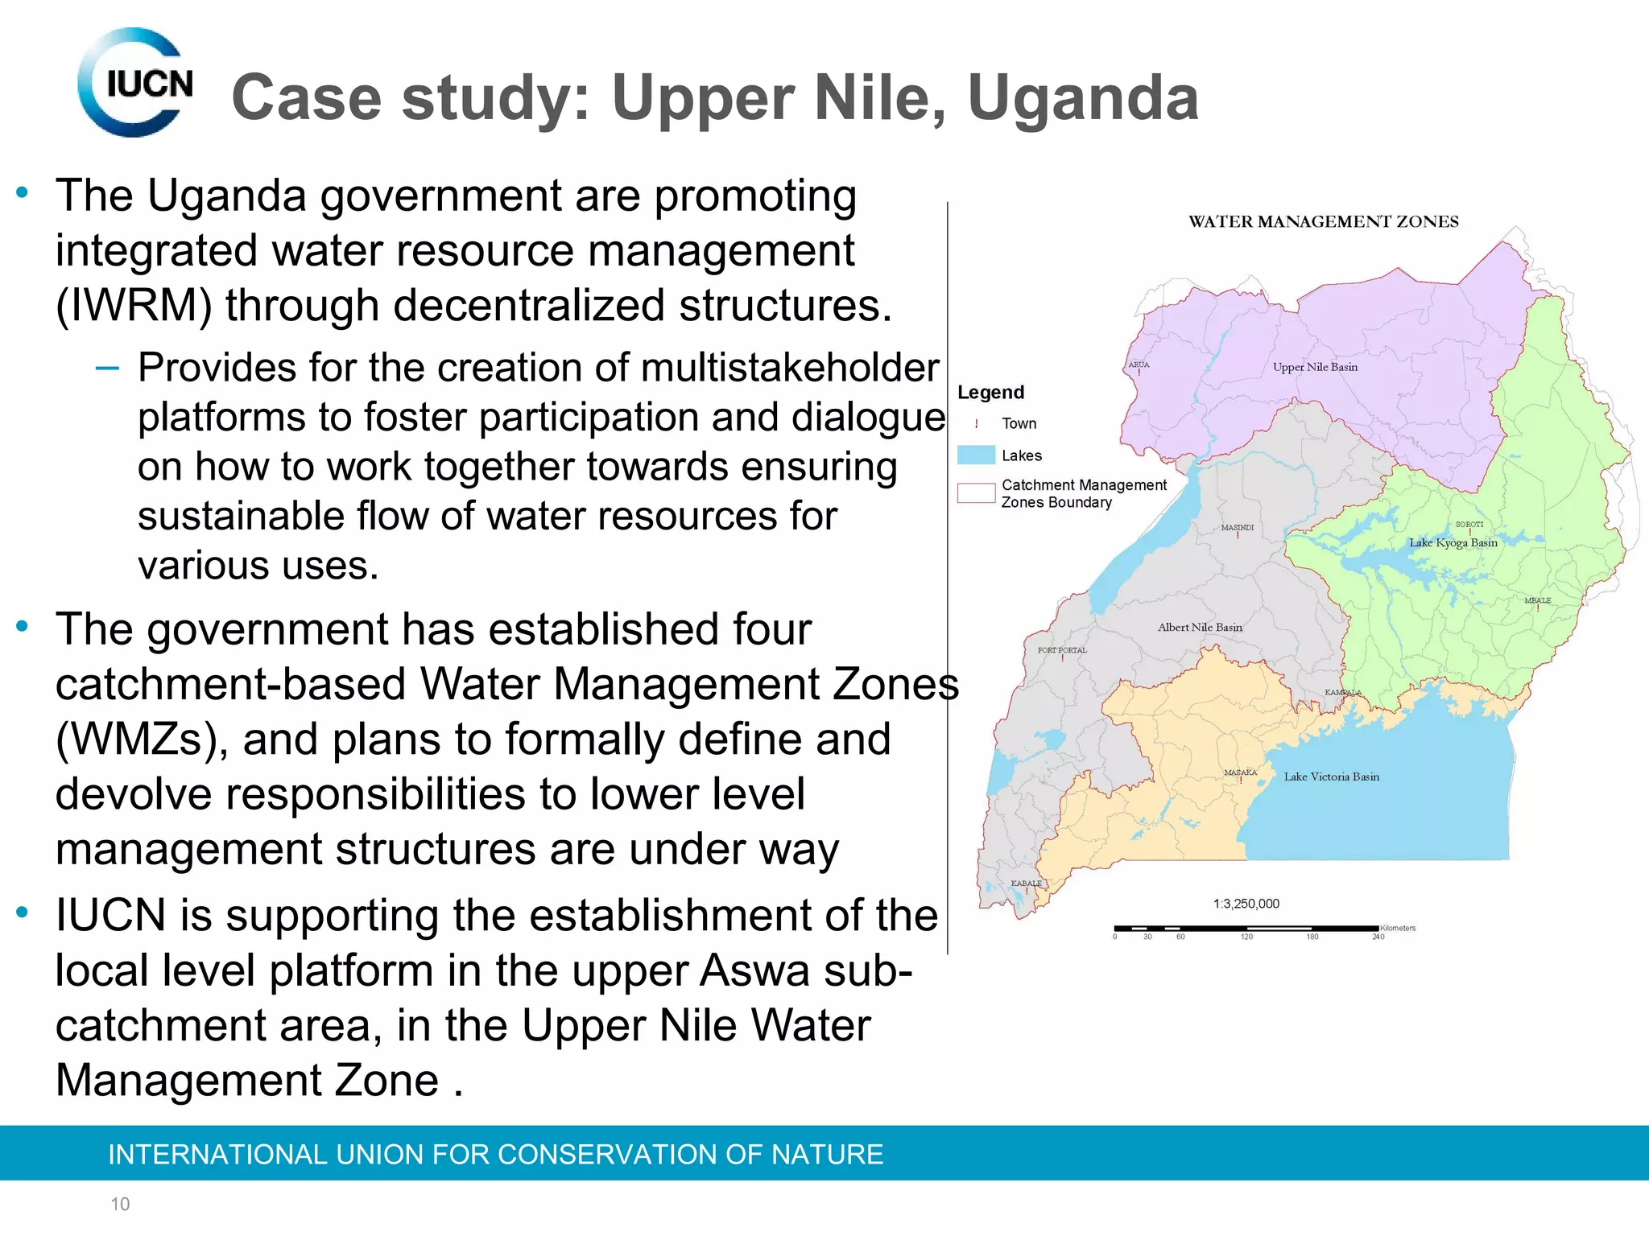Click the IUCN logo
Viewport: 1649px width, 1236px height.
(135, 83)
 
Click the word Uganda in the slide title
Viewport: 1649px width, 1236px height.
(1083, 98)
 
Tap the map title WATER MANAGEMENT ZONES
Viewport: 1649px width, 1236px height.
(1323, 222)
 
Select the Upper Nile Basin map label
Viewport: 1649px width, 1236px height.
(1315, 367)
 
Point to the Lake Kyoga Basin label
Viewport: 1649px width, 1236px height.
(1453, 542)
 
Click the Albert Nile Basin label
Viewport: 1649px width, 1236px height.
(1200, 627)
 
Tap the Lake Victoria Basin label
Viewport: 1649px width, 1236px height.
(1331, 777)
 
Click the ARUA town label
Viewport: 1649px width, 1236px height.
(1139, 365)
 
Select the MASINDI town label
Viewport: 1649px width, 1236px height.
(1237, 528)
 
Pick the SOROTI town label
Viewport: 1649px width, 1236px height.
(1469, 525)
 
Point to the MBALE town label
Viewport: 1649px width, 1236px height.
(1537, 600)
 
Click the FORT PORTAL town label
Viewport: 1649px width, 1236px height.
(1062, 650)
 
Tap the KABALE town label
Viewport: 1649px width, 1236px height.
(1026, 884)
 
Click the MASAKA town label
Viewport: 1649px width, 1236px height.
(1240, 772)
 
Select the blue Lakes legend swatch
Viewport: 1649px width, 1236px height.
(976, 455)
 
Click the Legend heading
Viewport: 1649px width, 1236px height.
(990, 393)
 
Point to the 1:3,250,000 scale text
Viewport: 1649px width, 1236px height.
(1246, 904)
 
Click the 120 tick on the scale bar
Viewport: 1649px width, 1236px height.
(1246, 937)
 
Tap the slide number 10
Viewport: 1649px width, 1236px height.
(120, 1204)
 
